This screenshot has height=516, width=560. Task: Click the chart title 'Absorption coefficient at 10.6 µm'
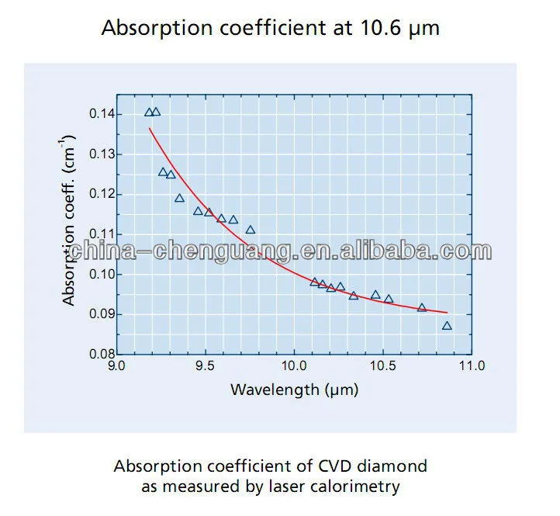(271, 29)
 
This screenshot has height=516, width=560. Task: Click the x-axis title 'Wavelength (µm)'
(294, 390)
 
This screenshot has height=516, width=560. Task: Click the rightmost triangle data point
(447, 326)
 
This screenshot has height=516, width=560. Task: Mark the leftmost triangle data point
(149, 113)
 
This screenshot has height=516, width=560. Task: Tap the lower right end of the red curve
(447, 313)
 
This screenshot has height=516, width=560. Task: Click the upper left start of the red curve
(149, 128)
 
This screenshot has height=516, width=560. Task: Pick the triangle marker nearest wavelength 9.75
(251, 230)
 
